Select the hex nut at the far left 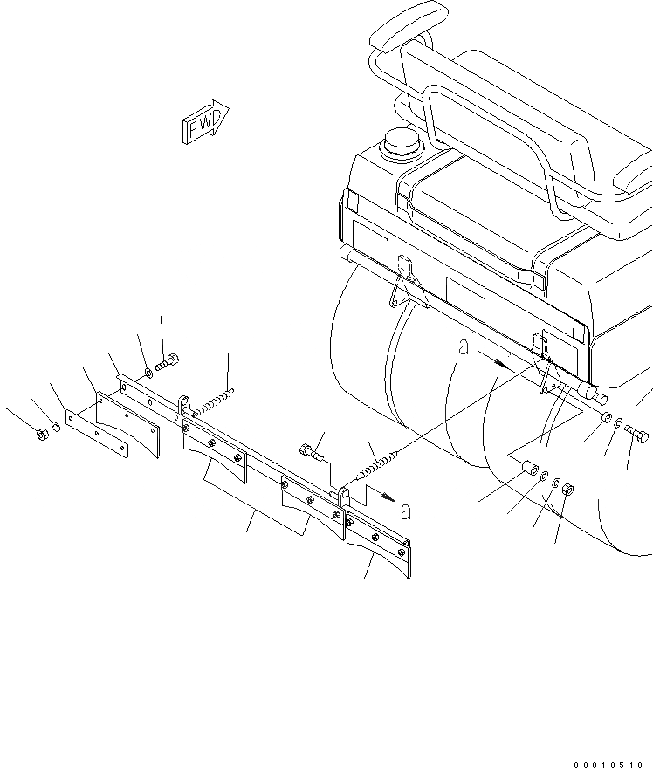(x=43, y=434)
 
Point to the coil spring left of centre (x=211, y=403)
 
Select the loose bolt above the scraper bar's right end (x=310, y=451)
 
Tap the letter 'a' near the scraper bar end (x=404, y=510)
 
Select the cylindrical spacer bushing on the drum (x=528, y=470)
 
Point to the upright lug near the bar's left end (x=185, y=406)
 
